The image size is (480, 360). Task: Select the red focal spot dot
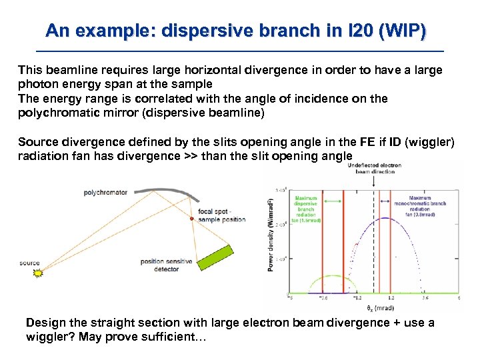[x=192, y=219]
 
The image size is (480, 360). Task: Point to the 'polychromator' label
[x=105, y=193]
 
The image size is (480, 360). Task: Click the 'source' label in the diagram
[x=29, y=263]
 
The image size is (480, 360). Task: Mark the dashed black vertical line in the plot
[x=373, y=253]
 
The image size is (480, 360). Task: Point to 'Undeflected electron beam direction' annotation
[x=375, y=168]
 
